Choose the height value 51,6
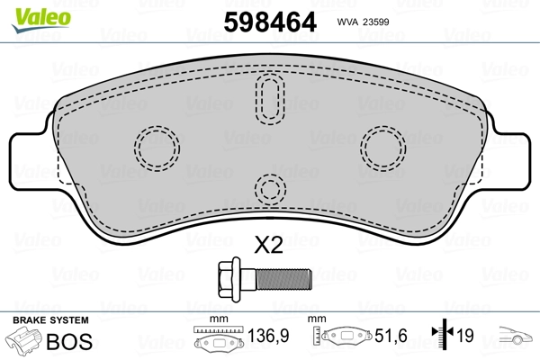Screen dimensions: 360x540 (392, 337)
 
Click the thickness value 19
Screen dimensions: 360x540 (467, 337)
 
